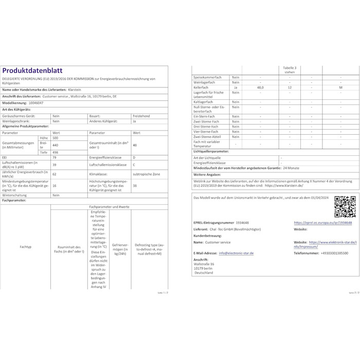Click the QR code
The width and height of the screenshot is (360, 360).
pyautogui.click(x=345, y=207)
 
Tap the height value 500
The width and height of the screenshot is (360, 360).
pyautogui.click(x=55, y=138)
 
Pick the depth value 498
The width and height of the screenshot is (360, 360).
pyautogui.click(x=55, y=152)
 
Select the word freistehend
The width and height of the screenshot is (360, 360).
pyautogui.click(x=143, y=116)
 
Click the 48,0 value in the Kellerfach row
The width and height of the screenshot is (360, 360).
pyautogui.click(x=260, y=88)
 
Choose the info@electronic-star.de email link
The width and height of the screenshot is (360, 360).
pyautogui.click(x=236, y=253)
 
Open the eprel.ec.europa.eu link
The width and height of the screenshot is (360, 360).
pyautogui.click(x=322, y=223)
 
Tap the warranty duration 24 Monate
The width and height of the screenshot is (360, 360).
pyautogui.click(x=292, y=168)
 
